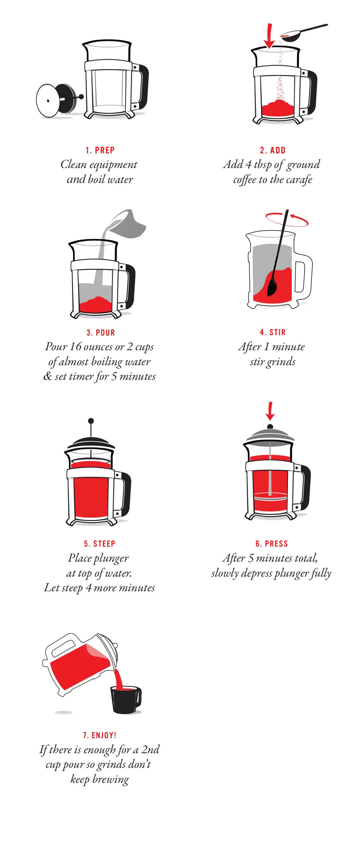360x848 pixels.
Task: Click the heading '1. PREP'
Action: pyautogui.click(x=100, y=150)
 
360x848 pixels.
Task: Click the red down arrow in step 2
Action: pyautogui.click(x=269, y=37)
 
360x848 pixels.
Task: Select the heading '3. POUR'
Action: pyautogui.click(x=100, y=333)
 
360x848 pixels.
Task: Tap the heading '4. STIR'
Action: pyautogui.click(x=273, y=332)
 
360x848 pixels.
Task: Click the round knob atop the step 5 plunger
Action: pyautogui.click(x=91, y=421)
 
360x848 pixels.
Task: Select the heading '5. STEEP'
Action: pyautogui.click(x=99, y=544)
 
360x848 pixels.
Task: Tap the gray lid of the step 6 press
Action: pyautogui.click(x=270, y=435)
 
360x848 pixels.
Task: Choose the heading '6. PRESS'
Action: pyautogui.click(x=271, y=544)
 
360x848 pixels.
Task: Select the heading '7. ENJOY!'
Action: pyautogui.click(x=99, y=735)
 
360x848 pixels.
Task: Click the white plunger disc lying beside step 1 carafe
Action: pyautogui.click(x=48, y=100)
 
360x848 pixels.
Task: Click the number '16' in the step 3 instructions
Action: pyautogui.click(x=75, y=347)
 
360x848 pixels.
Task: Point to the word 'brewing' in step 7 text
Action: pyautogui.click(x=111, y=779)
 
